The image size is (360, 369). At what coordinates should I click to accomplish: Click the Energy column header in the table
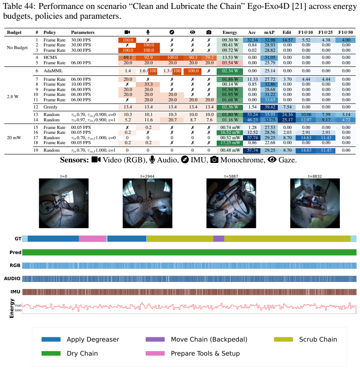[x=230, y=33]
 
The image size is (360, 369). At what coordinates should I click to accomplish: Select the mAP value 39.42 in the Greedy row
[x=269, y=107]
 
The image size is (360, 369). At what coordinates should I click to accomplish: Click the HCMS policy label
[x=50, y=58]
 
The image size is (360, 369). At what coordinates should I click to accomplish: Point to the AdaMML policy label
[x=53, y=71]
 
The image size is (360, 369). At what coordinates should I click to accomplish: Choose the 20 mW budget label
[x=14, y=138]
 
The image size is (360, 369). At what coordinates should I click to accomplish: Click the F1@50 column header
[x=346, y=33]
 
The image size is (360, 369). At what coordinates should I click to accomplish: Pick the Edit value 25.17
[x=287, y=120]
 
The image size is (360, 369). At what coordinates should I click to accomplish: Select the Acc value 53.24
[x=252, y=115]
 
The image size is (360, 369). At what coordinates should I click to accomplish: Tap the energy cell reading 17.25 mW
[x=230, y=143]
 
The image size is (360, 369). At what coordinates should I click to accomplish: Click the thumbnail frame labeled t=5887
[x=231, y=203]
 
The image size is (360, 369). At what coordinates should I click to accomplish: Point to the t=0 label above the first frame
[x=63, y=176]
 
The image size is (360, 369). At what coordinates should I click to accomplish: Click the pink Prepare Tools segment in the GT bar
[x=92, y=239]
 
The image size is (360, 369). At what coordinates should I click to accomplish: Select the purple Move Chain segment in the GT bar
[x=219, y=239]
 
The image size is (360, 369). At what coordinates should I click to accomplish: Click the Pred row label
[x=15, y=252]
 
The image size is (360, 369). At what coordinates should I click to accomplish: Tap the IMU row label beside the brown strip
[x=15, y=292]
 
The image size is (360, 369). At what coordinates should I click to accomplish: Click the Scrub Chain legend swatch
[x=283, y=340]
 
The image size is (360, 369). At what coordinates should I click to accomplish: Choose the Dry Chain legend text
[x=82, y=353]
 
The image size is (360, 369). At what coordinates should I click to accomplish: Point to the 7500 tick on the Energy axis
[x=18, y=306]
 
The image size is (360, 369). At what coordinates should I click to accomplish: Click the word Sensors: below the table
[x=74, y=160]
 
